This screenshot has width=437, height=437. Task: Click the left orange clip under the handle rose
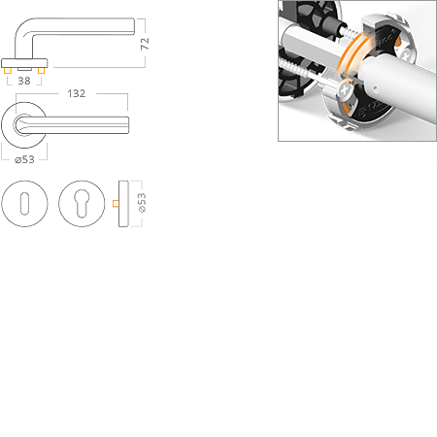pyautogui.click(x=10, y=72)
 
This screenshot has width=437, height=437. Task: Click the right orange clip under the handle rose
pyautogui.click(x=42, y=72)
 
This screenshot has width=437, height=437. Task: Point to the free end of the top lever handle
pyautogui.click(x=128, y=22)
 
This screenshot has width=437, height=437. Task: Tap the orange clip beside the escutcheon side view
pyautogui.click(x=115, y=204)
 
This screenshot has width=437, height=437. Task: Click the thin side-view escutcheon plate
pyautogui.click(x=124, y=204)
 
